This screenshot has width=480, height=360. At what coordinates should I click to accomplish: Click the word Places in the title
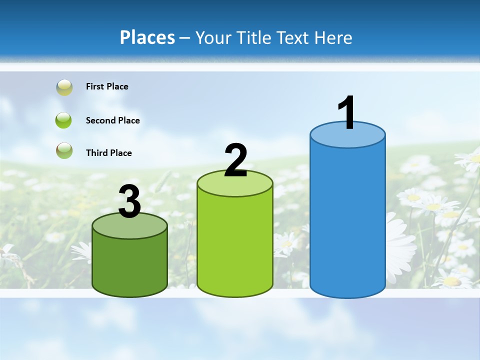tap(147, 37)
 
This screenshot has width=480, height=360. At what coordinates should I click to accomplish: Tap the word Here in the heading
tap(333, 37)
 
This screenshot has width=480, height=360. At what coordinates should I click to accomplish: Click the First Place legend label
tap(107, 86)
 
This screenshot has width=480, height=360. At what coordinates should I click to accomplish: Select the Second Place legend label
tap(112, 120)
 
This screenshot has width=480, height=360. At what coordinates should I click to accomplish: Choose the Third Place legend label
tap(108, 153)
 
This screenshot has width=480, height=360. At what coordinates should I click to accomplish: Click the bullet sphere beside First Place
tap(64, 87)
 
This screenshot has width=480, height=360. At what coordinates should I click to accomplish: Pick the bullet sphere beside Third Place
tap(64, 150)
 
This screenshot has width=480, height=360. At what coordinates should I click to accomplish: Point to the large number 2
tap(236, 160)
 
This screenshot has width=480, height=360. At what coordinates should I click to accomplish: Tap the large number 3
tap(129, 201)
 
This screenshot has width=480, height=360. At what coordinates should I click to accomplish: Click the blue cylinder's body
tap(347, 220)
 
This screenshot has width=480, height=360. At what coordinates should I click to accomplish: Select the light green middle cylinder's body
tap(235, 245)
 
